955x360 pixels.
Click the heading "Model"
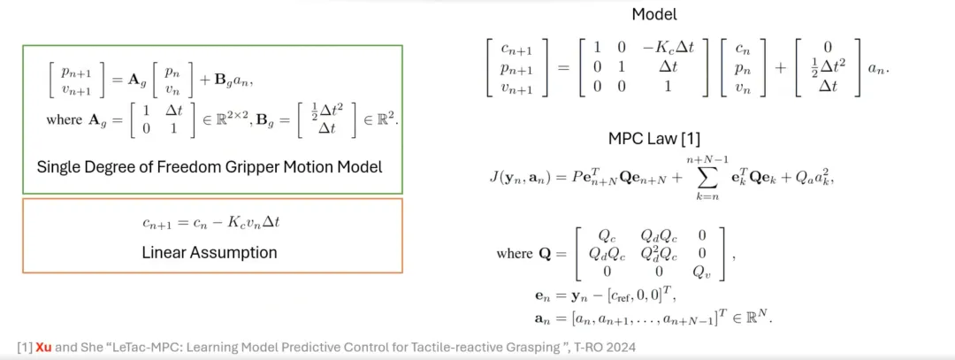pos(653,14)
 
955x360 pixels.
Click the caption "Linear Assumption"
pos(210,252)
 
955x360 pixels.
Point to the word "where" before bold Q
pos(515,253)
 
